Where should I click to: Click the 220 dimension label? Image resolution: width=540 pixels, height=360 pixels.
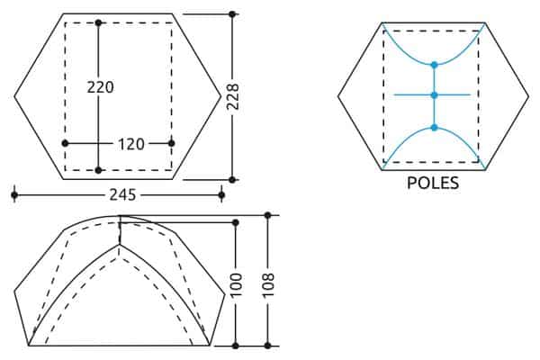coord(100,87)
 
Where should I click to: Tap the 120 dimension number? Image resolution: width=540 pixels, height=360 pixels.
coord(131,144)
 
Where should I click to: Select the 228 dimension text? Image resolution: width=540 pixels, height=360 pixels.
coord(233,97)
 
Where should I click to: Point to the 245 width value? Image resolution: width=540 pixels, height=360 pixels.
coord(123,195)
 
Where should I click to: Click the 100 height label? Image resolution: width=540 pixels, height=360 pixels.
coord(236,285)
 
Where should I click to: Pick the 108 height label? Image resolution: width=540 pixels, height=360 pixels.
coord(268,285)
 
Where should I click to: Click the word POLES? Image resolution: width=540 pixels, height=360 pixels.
coord(433,183)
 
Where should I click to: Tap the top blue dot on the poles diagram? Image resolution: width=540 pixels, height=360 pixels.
coord(435,65)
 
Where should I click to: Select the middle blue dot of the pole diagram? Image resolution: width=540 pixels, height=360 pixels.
coord(435,95)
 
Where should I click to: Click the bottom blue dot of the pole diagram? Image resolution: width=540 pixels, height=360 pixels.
coord(435,128)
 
